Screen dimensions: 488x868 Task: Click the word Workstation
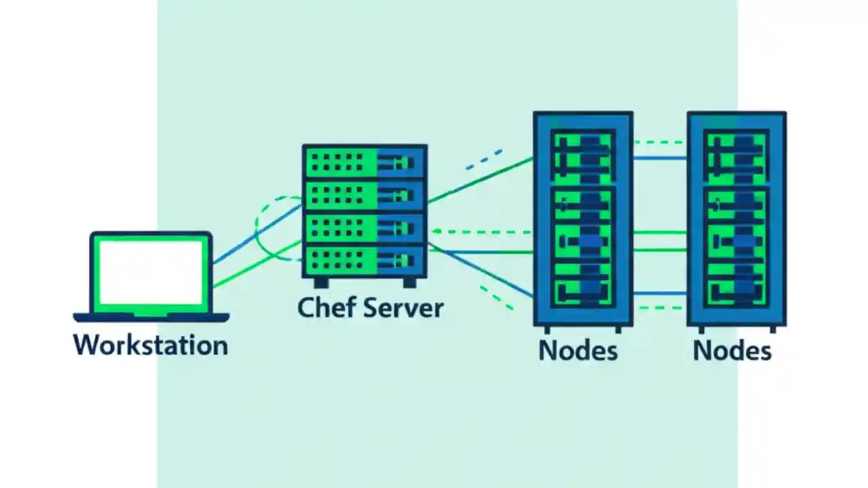point(151,345)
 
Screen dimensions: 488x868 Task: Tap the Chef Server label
point(370,307)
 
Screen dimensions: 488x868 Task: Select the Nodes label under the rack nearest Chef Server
point(578,350)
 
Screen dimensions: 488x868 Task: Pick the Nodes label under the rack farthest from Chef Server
point(732,350)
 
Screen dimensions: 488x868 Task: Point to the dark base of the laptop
point(151,317)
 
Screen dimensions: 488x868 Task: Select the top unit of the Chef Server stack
point(364,162)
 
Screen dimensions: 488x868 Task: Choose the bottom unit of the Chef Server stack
point(364,261)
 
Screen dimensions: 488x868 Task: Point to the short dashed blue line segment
point(484,158)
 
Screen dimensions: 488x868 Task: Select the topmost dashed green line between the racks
point(659,142)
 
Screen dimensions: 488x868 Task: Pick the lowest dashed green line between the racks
point(659,308)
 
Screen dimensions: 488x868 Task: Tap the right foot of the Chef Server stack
point(410,282)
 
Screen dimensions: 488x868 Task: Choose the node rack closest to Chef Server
point(583,218)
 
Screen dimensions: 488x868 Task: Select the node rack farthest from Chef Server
point(736,218)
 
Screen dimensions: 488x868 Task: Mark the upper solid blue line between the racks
point(659,158)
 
